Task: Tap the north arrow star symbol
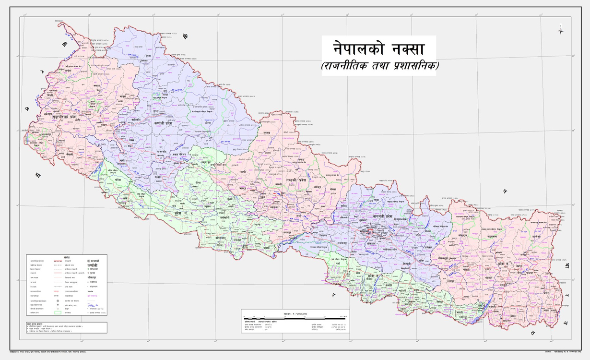click(x=561, y=31)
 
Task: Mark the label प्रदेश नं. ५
click(x=184, y=212)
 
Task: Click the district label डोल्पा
click(x=207, y=123)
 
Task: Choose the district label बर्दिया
click(x=118, y=180)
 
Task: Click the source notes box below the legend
click(x=67, y=327)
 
